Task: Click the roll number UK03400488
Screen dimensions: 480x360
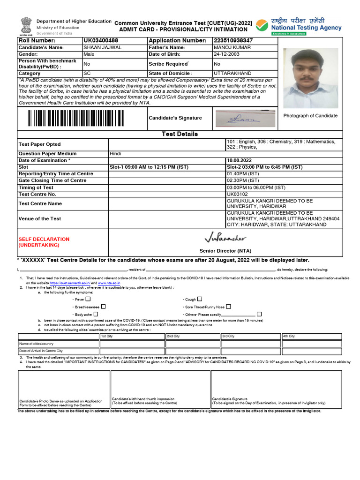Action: [101, 41]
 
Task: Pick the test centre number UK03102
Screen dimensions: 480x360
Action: [237, 194]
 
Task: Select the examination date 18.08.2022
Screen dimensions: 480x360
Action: [239, 160]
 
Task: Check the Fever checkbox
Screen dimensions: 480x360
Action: [88, 299]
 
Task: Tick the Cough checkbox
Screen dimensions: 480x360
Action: [200, 299]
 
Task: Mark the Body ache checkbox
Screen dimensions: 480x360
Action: [96, 314]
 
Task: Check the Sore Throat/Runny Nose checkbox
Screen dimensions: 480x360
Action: [228, 306]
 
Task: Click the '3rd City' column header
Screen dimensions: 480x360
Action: [228, 336]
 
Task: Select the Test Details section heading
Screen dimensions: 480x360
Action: [180, 134]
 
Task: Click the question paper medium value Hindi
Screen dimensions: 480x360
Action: [115, 154]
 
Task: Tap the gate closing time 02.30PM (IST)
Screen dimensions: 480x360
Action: [243, 180]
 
